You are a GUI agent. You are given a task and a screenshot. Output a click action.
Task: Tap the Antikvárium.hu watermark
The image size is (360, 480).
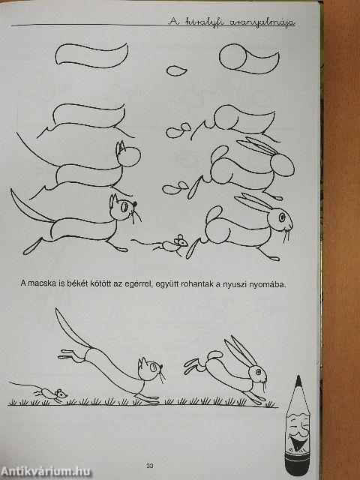click(x=46, y=470)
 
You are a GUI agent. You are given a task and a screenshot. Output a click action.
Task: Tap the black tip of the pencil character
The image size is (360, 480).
click(x=298, y=381)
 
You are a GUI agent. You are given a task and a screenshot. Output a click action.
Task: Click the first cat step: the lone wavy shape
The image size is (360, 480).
click(x=90, y=57)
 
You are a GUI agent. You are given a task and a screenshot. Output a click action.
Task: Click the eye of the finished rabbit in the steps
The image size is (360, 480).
click(x=282, y=217)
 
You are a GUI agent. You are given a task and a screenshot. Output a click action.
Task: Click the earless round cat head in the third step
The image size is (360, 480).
click(x=127, y=157)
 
